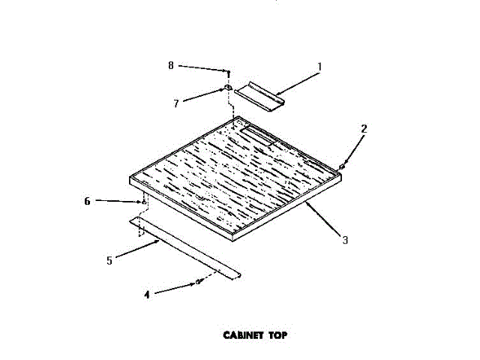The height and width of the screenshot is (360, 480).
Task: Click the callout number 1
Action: pyautogui.click(x=319, y=67)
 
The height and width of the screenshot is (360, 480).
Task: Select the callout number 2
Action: pyautogui.click(x=364, y=128)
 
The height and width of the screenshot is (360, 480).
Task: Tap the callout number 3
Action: pyautogui.click(x=344, y=240)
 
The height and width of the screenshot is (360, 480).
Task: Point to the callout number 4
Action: pyautogui.click(x=147, y=295)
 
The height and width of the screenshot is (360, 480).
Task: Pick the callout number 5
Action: pyautogui.click(x=109, y=260)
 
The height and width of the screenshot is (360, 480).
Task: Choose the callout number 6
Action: pyautogui.click(x=87, y=201)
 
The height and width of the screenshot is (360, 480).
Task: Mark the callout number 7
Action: pyautogui.click(x=176, y=103)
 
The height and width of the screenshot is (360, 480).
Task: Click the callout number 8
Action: pyautogui.click(x=170, y=66)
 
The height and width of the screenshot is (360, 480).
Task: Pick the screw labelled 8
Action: pyautogui.click(x=226, y=73)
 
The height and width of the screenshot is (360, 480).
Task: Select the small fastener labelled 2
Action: pyautogui.click(x=343, y=166)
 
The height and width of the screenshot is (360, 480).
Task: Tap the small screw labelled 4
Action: pyautogui.click(x=199, y=282)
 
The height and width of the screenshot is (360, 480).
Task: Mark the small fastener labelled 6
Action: pyautogui.click(x=142, y=202)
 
